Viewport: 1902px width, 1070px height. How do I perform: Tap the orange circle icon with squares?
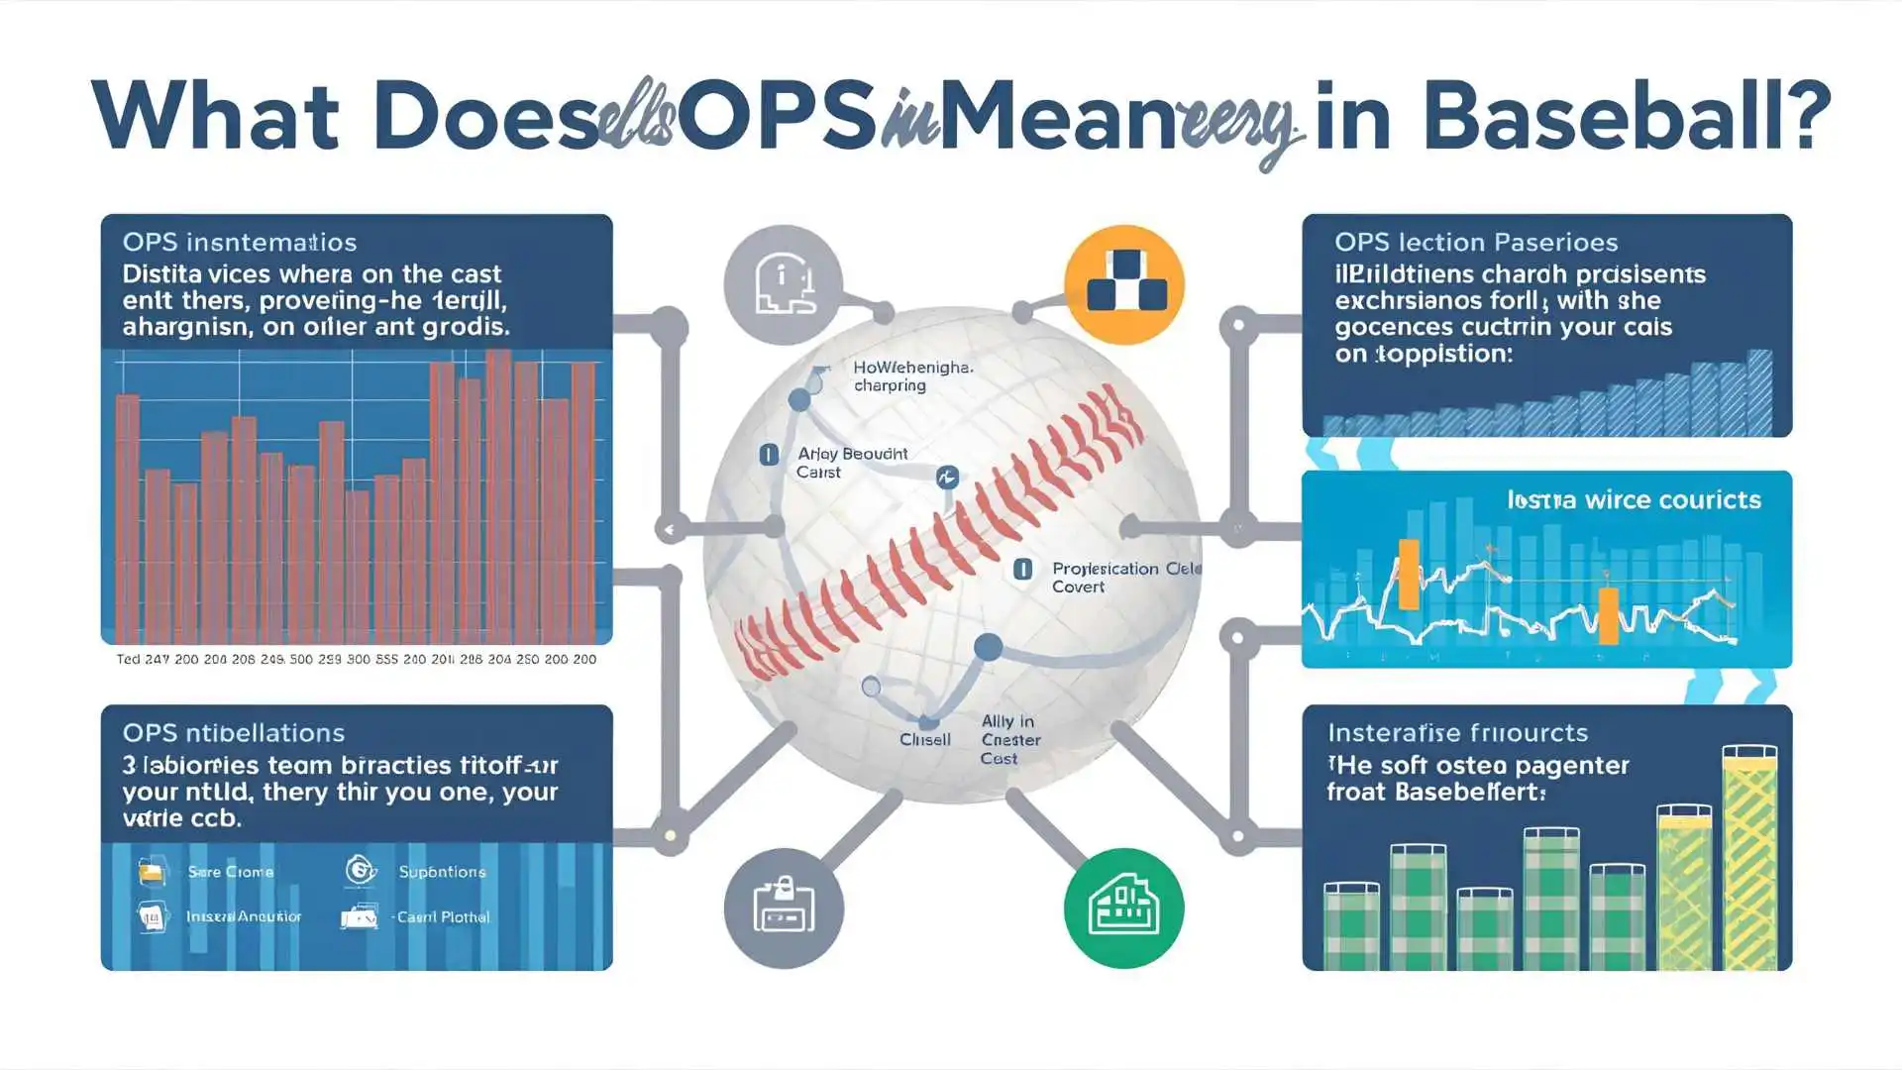[x=1124, y=285]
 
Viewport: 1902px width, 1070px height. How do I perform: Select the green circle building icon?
[x=1123, y=908]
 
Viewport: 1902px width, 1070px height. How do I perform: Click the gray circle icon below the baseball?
[x=784, y=908]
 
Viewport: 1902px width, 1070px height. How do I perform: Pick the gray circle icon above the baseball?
[x=783, y=284]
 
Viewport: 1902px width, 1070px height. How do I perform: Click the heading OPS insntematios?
[x=239, y=242]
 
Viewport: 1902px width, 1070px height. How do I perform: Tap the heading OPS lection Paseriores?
[x=1475, y=242]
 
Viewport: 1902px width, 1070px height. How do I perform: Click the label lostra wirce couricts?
[x=1634, y=499]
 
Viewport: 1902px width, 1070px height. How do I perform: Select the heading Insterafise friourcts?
[x=1457, y=733]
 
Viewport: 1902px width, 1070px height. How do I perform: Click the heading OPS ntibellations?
[x=233, y=733]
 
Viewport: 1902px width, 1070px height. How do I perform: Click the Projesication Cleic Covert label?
[x=1124, y=577]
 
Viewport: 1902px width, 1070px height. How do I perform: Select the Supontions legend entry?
[x=442, y=872]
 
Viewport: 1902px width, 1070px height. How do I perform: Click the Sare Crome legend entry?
[x=230, y=872]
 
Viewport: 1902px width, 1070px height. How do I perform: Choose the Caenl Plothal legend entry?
[x=443, y=917]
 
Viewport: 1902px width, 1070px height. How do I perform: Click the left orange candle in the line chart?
[x=1408, y=575]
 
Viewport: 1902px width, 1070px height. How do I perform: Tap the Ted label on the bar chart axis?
[x=128, y=659]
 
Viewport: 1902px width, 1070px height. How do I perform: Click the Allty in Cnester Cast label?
[x=1009, y=739]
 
